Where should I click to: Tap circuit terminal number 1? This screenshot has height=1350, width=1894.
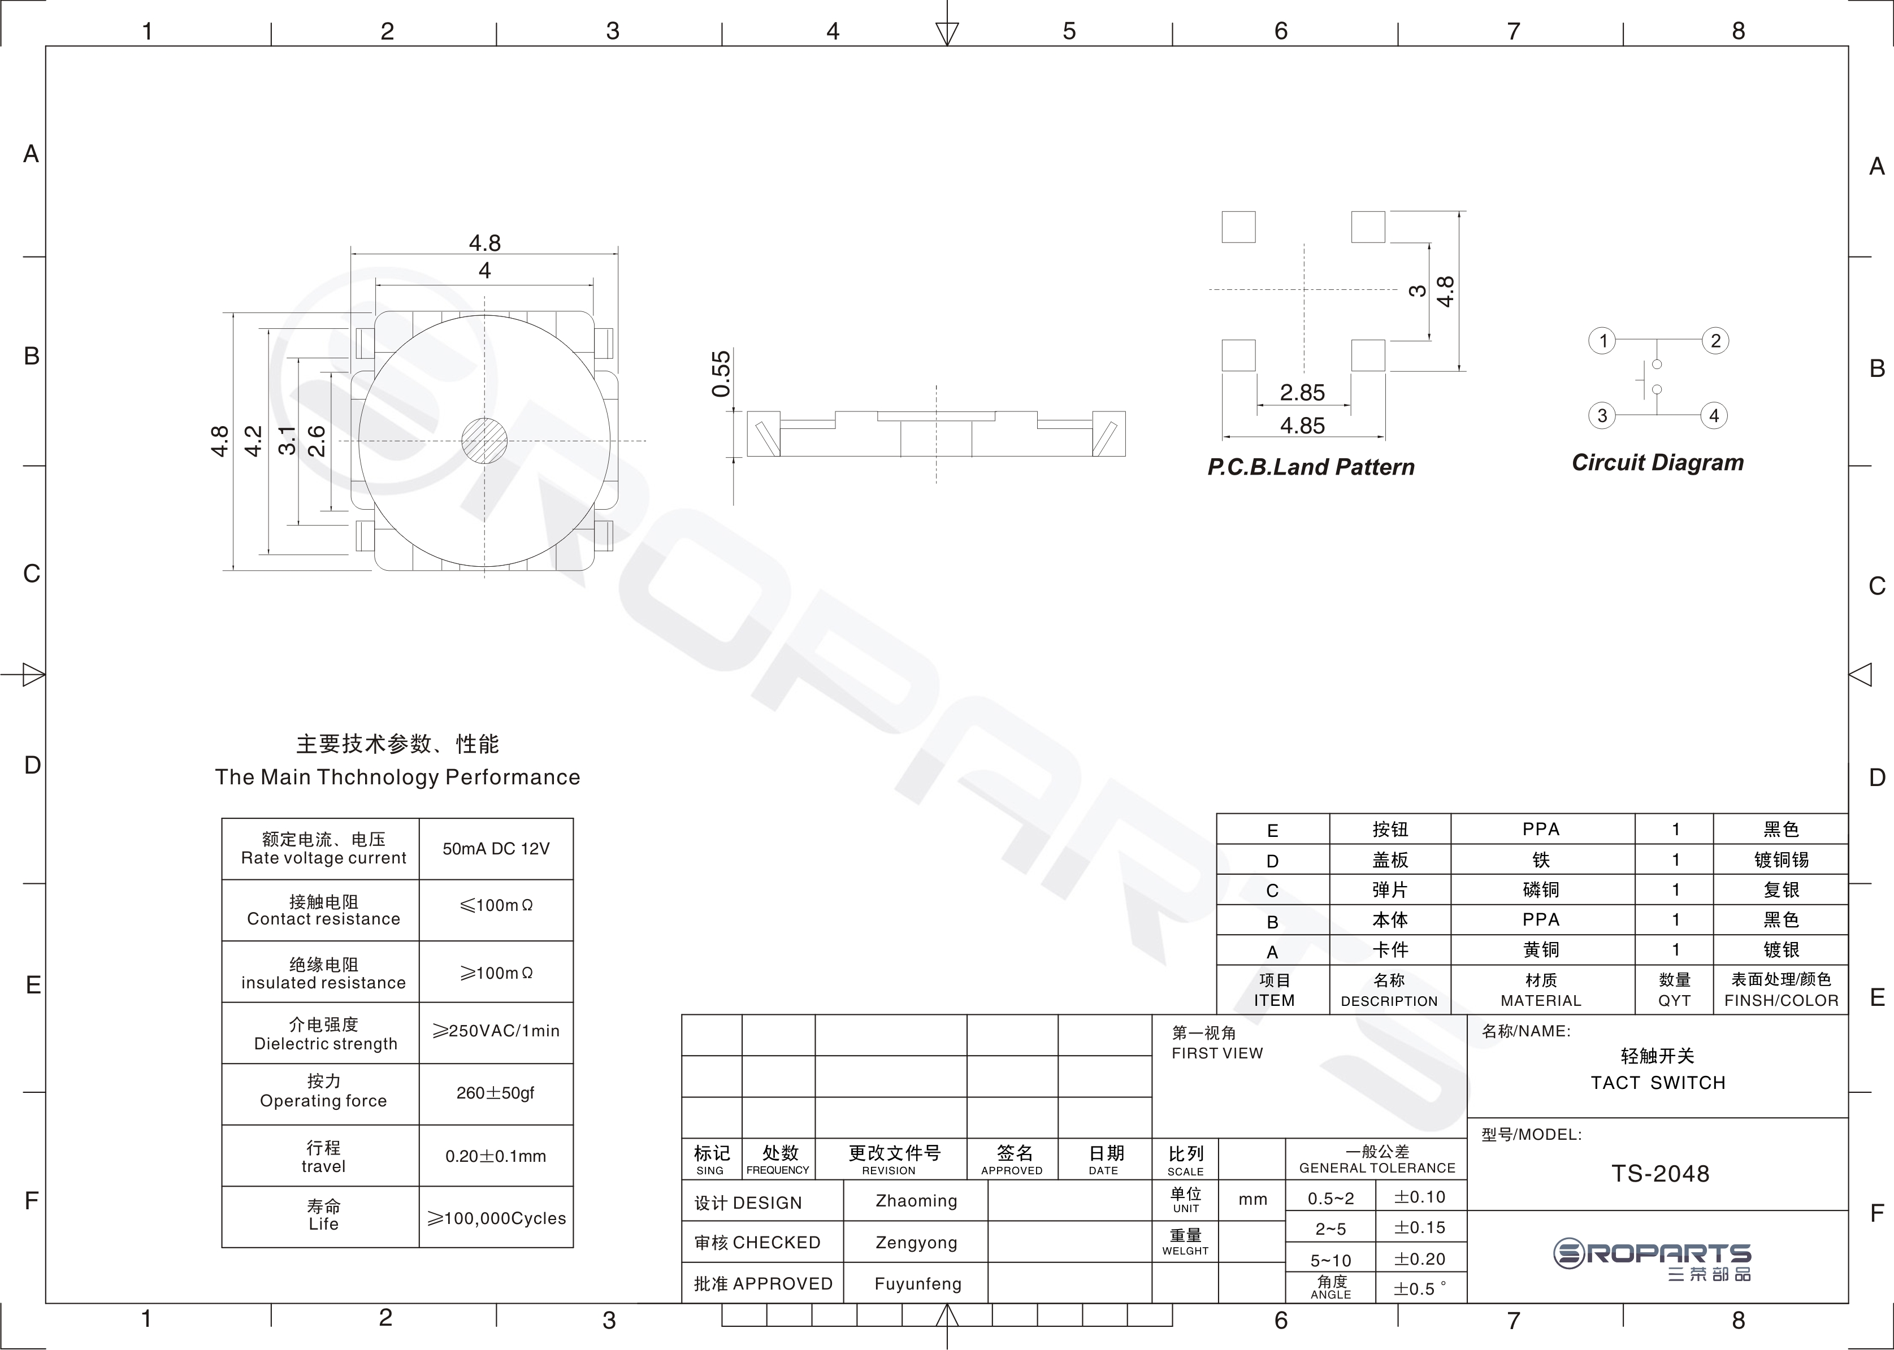[1602, 341]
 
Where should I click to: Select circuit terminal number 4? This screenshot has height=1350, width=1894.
[1714, 416]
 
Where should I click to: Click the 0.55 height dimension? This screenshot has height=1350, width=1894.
[721, 374]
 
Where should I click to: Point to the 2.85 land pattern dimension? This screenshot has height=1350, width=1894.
[1302, 392]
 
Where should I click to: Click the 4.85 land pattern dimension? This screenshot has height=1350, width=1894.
[1302, 426]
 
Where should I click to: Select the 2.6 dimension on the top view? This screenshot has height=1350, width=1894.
[317, 441]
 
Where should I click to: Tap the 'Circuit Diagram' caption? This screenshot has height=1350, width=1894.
[1657, 463]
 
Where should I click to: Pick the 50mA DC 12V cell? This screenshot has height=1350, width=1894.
[496, 849]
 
